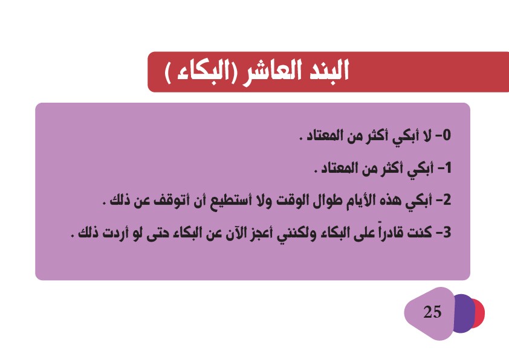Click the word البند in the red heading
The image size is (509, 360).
[328, 70]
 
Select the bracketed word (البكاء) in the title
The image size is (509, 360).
[201, 71]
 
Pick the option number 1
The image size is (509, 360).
[448, 168]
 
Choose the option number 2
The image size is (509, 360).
[447, 200]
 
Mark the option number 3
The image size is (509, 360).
[447, 232]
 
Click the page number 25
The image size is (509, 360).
[432, 312]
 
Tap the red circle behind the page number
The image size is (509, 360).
[479, 313]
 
